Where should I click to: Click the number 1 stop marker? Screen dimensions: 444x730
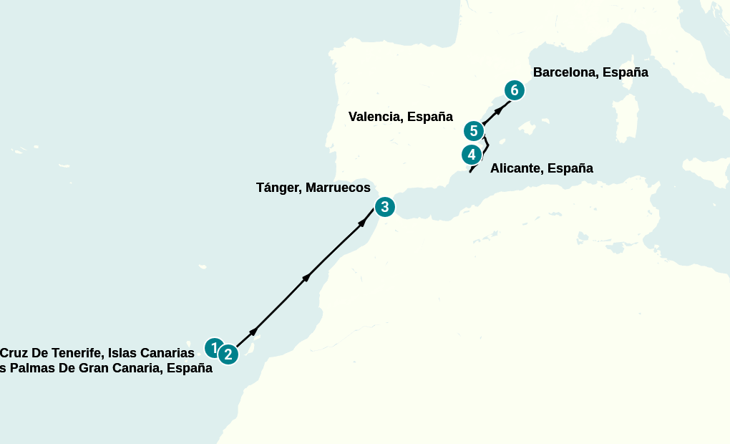pos(213,348)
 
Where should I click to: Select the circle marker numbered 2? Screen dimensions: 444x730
pos(228,354)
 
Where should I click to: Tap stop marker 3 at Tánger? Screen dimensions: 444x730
pos(384,207)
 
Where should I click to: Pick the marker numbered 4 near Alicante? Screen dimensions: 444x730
pos(470,154)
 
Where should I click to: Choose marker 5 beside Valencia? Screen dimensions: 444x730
pos(473,131)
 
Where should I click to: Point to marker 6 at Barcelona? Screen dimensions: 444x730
pos(514,90)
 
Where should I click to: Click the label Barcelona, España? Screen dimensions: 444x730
pos(590,72)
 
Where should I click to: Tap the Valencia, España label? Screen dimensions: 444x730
pos(400,117)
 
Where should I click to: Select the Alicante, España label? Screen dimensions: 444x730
pos(541,169)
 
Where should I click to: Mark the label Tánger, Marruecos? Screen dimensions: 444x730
pos(313,188)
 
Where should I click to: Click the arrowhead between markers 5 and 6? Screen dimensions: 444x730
pos(498,110)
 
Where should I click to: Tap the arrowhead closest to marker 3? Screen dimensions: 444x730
pos(362,223)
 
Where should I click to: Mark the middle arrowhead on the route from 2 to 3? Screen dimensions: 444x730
pos(308,277)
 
